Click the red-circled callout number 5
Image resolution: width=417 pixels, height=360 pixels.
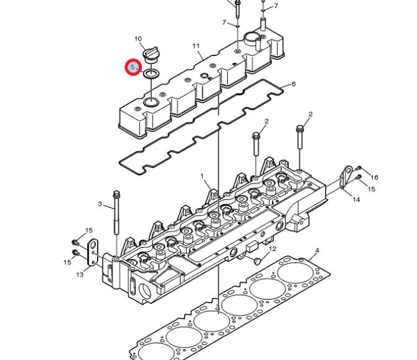133,67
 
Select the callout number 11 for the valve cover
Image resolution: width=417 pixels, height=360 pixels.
195,46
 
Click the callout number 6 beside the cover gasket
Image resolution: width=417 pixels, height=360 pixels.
293,84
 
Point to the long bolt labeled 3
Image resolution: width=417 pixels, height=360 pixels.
116,212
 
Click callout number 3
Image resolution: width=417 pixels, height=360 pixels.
100,204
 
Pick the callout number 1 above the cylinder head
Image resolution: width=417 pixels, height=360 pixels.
202,176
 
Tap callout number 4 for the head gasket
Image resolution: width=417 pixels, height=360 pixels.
317,250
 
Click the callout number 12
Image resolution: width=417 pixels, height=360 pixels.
273,249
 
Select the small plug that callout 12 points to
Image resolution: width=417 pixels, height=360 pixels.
258,261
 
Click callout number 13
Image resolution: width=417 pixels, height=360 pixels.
80,274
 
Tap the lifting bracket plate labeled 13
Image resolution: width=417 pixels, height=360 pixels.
93,252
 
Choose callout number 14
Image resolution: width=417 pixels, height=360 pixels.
356,199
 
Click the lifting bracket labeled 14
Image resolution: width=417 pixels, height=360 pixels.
346,178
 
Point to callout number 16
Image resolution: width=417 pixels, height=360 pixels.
374,178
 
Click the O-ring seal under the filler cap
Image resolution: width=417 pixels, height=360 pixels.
151,73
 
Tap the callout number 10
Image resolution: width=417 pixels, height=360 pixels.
138,39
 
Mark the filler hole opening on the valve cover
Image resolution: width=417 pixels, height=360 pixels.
151,102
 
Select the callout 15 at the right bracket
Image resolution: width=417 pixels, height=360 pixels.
372,189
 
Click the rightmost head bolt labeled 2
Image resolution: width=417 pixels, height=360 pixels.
300,137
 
